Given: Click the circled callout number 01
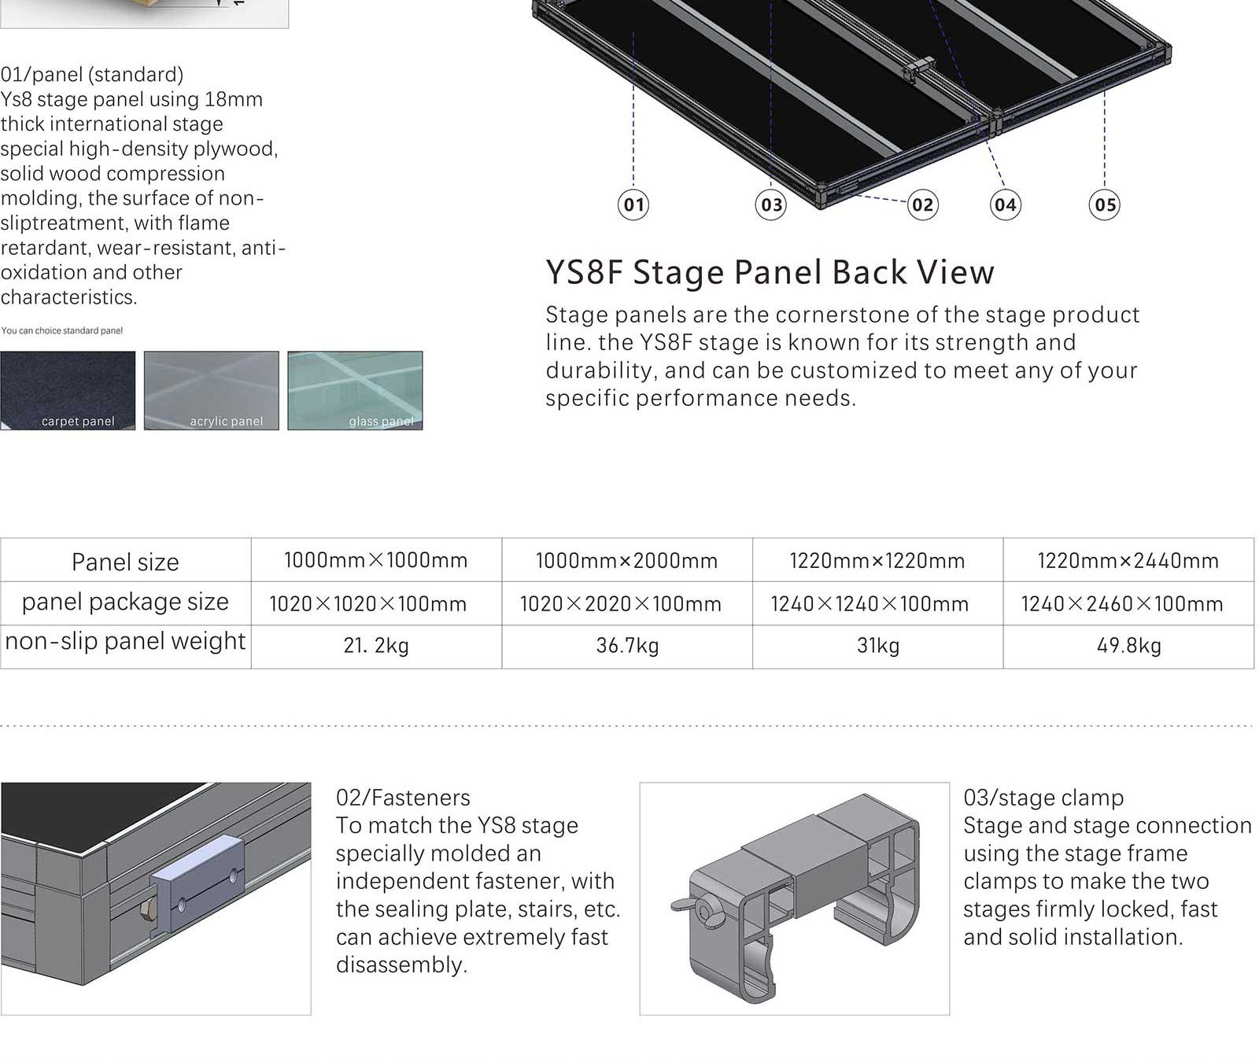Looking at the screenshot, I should point(633,205).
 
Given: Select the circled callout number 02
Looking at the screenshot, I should point(922,205).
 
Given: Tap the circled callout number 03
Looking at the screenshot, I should point(771,205).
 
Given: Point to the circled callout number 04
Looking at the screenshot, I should point(1005,205).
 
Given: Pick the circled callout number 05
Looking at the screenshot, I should point(1105,205).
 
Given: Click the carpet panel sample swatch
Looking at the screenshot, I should point(68,390).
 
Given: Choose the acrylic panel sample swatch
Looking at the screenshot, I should point(211,390).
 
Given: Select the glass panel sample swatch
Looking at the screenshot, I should point(355,390).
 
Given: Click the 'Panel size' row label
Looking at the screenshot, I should point(125,562).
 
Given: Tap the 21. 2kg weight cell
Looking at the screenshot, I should point(376,646).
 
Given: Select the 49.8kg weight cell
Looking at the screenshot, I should point(1128,646).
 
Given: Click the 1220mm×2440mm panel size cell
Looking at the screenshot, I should point(1128,561).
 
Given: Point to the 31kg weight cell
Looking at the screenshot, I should point(877,646).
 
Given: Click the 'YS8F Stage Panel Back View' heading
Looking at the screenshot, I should point(770,272).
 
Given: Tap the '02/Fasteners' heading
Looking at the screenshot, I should point(403,798).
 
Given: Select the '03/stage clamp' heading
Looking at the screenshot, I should point(1043,798).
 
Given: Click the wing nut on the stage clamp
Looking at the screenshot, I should point(687,906).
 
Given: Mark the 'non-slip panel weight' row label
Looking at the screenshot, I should point(125,641).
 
